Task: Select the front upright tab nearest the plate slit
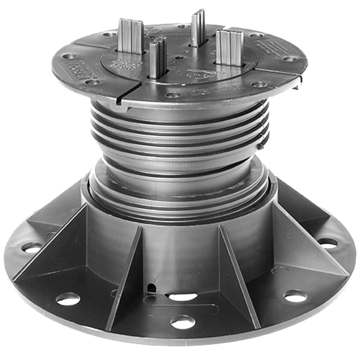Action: (x=157, y=57)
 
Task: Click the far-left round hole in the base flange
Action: (x=32, y=247)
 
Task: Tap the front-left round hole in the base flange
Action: (x=68, y=298)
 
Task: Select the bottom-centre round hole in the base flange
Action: (x=182, y=322)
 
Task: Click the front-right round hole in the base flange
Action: (x=295, y=295)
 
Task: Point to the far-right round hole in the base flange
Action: (x=328, y=243)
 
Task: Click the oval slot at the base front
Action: (x=182, y=296)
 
